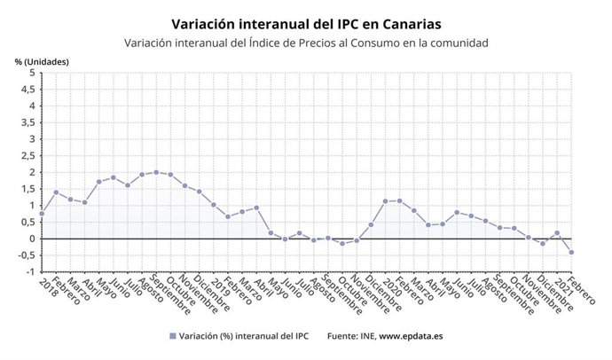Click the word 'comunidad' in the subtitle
coord(457,43)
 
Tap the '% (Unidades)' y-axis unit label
coord(42,61)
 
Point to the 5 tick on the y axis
coord(31,73)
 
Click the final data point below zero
coord(571,252)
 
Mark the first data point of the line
coord(42,213)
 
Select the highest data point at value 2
coord(156,172)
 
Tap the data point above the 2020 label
coord(385,201)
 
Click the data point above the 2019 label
coord(214,205)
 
